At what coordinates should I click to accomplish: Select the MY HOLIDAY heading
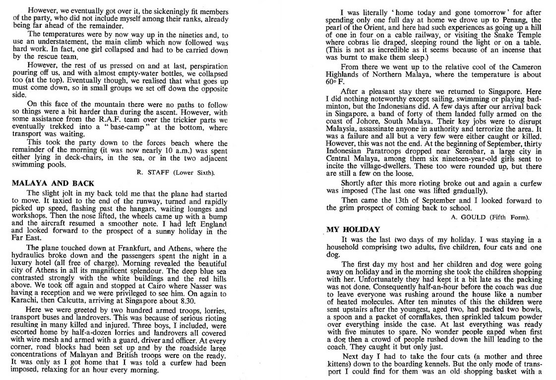353,229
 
